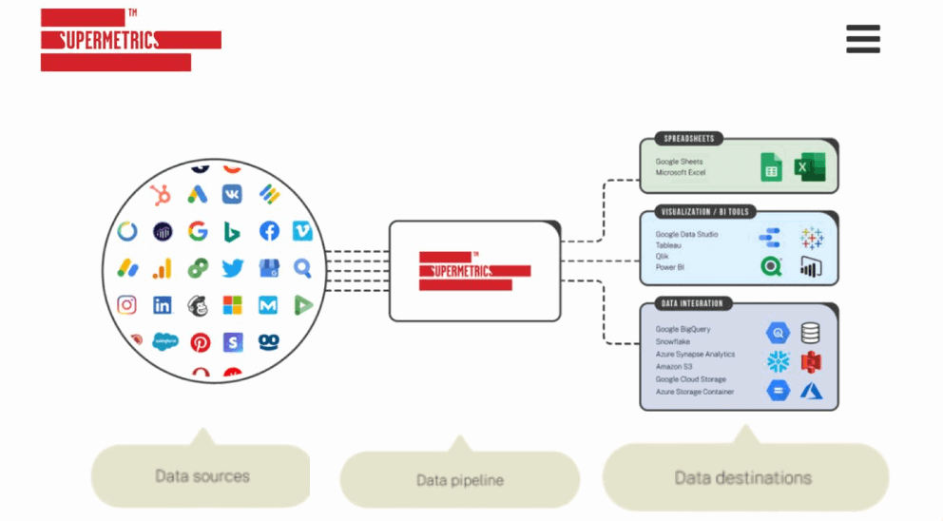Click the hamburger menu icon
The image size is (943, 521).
coord(862,39)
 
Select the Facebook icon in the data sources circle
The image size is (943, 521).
coord(268,231)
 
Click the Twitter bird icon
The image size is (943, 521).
coord(233,269)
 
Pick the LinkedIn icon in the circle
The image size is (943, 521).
coord(163,306)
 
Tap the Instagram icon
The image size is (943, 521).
coord(126,305)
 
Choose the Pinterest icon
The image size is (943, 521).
coord(200,342)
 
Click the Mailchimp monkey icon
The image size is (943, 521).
coord(198,306)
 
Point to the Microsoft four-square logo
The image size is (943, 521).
coord(233,305)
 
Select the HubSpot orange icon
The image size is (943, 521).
coord(162,195)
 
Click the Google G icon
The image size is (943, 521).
coord(198,231)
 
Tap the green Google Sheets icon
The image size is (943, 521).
coord(771,168)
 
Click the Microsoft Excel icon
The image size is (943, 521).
coord(810,168)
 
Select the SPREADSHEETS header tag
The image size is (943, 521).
coord(688,139)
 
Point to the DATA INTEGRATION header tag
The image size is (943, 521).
coord(692,303)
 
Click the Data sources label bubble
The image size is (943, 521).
coord(202,475)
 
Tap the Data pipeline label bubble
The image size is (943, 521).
coord(459,479)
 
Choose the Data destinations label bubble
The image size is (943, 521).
coord(743,477)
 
